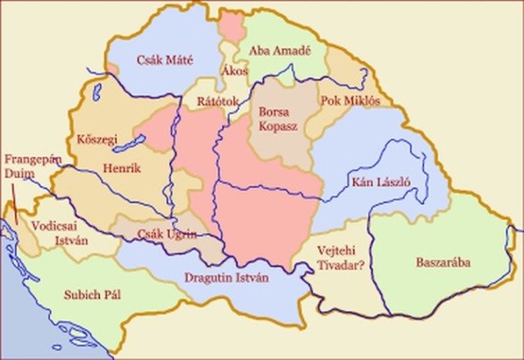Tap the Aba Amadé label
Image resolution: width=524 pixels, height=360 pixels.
tap(280, 50)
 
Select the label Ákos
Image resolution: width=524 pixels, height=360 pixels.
tap(233, 71)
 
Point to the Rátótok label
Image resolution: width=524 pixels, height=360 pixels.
tap(216, 101)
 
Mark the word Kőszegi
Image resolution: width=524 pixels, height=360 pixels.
tap(96, 136)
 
